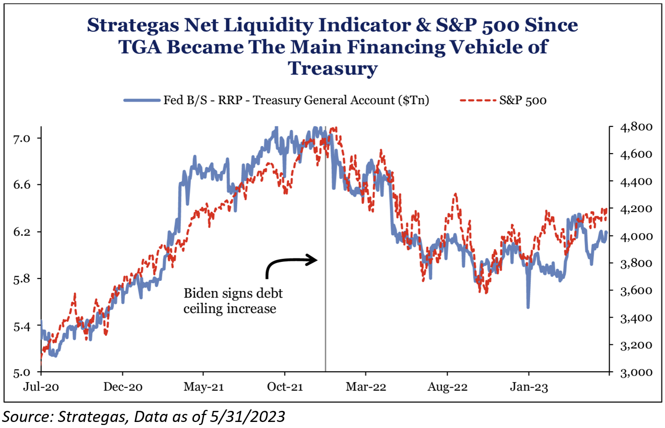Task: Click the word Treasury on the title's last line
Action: [332, 68]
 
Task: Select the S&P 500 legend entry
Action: [523, 100]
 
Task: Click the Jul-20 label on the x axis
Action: [41, 388]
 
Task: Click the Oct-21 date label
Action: [285, 388]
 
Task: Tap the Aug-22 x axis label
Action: [447, 388]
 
